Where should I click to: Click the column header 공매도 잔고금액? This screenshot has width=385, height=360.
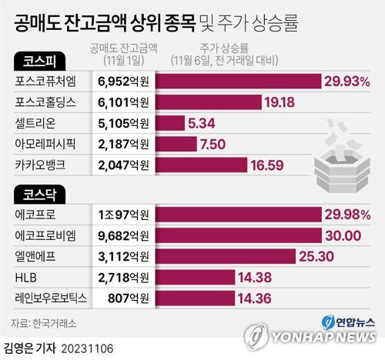[124, 47]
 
